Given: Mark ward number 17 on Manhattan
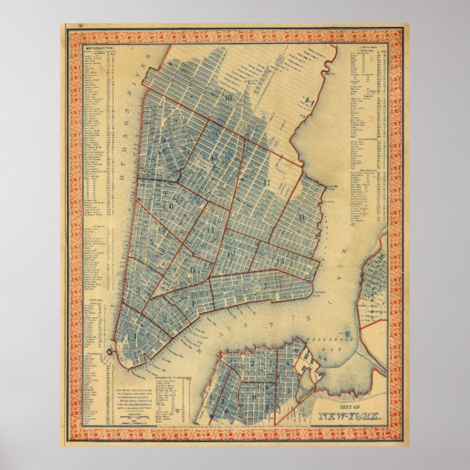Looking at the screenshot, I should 267,180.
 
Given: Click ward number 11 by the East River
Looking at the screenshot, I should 301,218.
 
